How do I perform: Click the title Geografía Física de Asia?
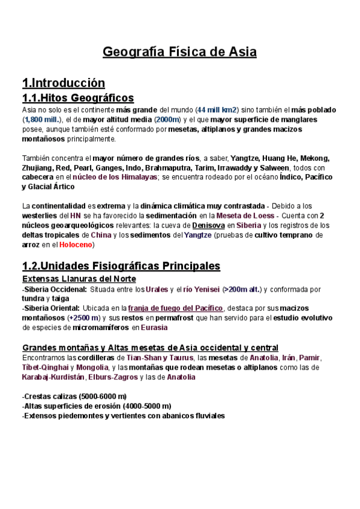[180, 52]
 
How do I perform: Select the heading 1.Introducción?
[63, 83]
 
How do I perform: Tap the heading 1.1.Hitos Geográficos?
[77, 98]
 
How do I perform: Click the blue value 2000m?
[167, 119]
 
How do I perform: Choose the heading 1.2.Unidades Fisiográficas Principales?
[121, 265]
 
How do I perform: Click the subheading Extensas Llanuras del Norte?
[79, 279]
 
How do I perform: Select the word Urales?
[157, 289]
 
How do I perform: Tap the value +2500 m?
[84, 318]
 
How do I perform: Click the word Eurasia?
[154, 328]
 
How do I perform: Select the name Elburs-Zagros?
[112, 377]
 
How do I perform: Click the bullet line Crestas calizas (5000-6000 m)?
[74, 396]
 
